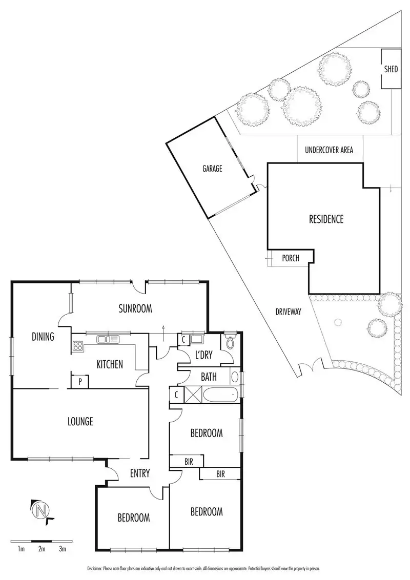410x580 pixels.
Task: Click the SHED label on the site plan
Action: tap(391, 69)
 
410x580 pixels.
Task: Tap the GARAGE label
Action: tap(212, 168)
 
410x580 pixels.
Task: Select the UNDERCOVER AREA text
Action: tap(329, 151)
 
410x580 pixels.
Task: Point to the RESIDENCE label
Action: tap(326, 219)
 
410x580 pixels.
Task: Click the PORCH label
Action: tap(291, 258)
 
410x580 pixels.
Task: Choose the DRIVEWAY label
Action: tap(288, 312)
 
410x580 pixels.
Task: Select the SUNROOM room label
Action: tap(136, 308)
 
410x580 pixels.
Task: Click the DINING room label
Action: tap(44, 337)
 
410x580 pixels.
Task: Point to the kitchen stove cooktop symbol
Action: tap(78, 346)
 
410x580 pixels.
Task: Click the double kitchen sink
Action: tap(108, 339)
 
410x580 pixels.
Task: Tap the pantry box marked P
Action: tap(80, 382)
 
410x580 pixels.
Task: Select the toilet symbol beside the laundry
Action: tap(229, 343)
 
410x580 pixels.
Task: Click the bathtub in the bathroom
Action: tap(220, 396)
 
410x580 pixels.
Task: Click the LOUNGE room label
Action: tap(80, 422)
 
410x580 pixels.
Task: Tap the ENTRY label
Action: tap(139, 473)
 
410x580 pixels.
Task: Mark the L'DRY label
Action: tap(201, 354)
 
